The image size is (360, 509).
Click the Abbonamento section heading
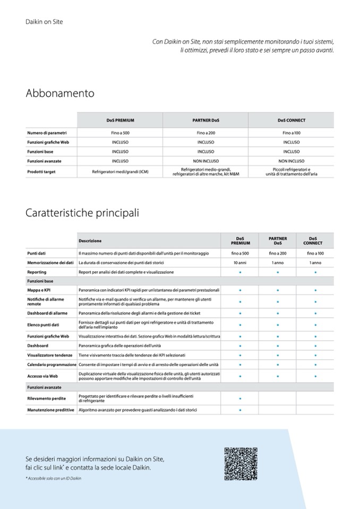click(60, 93)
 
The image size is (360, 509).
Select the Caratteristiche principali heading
click(82, 213)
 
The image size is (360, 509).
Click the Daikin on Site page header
click(44, 22)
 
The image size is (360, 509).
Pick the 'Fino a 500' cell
click(120, 133)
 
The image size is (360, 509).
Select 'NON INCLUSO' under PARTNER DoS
click(205, 161)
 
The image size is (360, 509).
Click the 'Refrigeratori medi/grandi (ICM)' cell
click(120, 172)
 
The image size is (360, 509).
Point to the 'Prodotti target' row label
click(41, 172)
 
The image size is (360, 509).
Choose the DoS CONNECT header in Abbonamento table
click(291, 120)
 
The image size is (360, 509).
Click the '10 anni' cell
click(240, 263)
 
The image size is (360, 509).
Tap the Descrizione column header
click(90, 240)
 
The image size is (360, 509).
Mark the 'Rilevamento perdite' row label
click(46, 398)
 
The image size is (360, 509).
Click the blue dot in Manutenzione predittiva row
click(240, 410)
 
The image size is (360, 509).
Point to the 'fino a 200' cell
click(278, 253)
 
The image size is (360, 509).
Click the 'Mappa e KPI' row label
click(39, 290)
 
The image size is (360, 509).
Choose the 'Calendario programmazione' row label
click(52, 365)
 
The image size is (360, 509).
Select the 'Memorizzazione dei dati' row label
click(50, 263)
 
